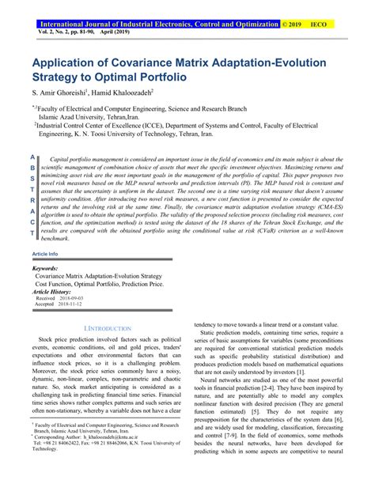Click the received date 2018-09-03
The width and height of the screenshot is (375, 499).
70,298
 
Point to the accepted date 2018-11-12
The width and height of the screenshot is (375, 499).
70,304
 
